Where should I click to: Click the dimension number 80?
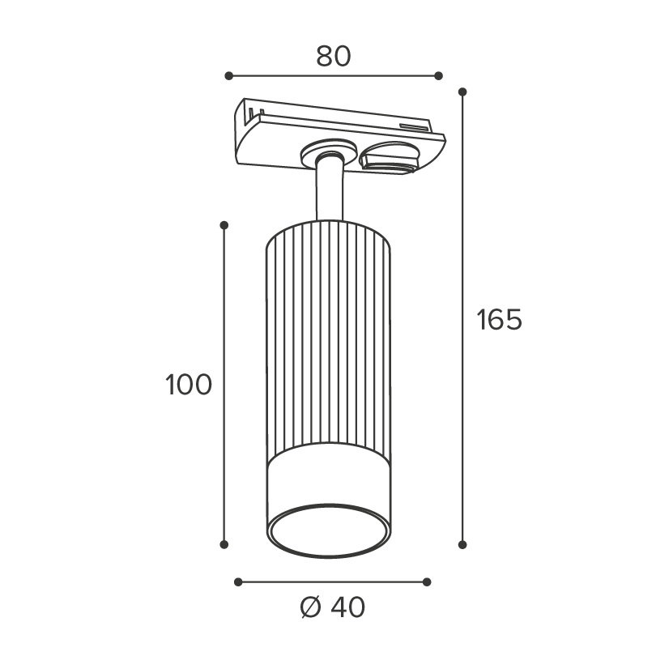[x=334, y=57]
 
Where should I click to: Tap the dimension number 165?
[x=500, y=320]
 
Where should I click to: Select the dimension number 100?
[x=189, y=385]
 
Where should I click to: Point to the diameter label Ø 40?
[x=333, y=607]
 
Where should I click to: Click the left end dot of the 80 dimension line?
[x=228, y=76]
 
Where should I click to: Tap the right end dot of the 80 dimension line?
[x=438, y=76]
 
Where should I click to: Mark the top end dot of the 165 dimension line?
[x=462, y=92]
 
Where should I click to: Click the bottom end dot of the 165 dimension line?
[x=462, y=544]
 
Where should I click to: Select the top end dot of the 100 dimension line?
[x=224, y=225]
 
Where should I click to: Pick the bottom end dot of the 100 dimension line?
[x=224, y=544]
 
